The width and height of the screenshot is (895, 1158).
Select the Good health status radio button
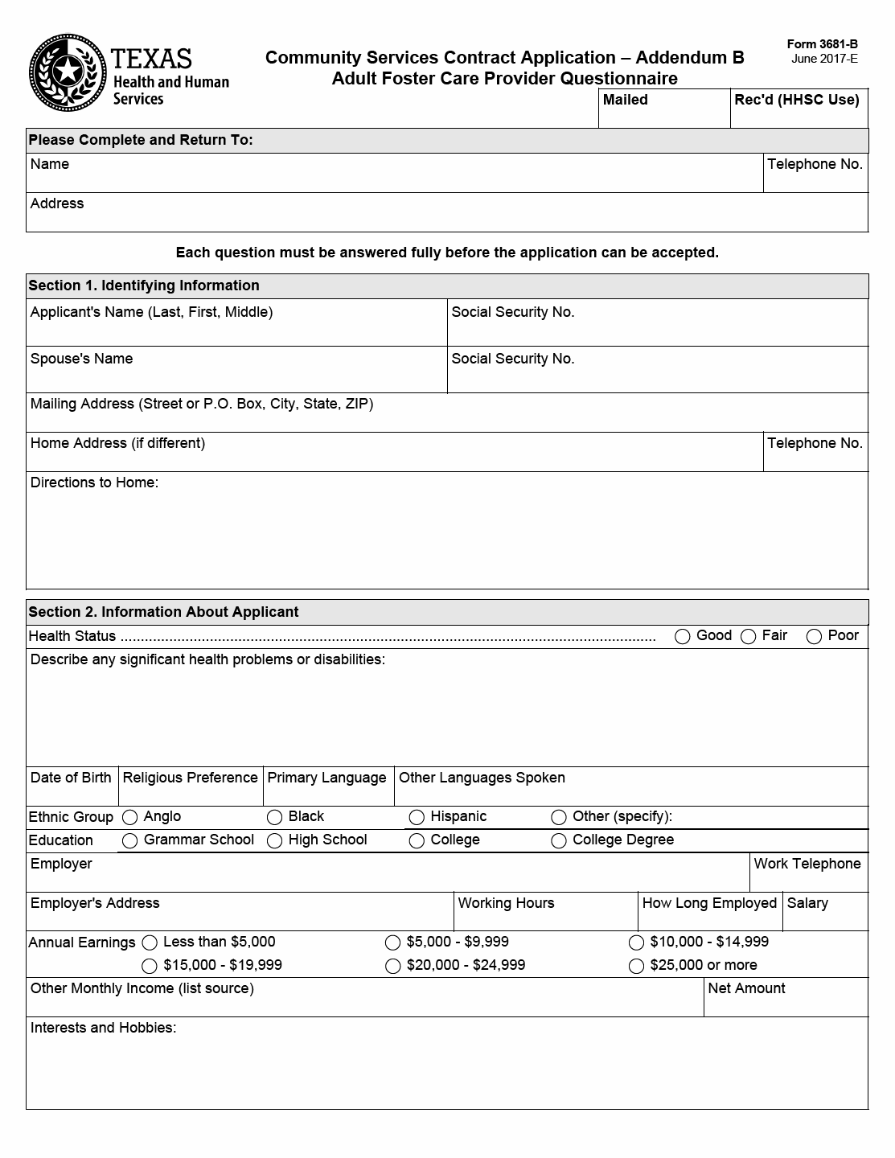683,637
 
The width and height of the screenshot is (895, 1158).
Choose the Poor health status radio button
814,637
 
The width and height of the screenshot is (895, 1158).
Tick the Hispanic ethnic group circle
417,818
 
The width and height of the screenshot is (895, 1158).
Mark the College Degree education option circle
559,841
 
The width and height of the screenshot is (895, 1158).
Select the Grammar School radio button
129,841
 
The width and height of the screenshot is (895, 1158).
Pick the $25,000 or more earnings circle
636,966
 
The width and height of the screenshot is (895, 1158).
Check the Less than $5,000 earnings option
150,942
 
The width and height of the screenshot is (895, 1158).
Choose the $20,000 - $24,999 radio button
392,966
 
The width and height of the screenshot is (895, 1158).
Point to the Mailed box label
625,100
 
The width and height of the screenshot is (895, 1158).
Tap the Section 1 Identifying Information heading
144,285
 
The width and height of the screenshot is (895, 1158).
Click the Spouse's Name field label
81,359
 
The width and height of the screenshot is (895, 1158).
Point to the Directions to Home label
94,482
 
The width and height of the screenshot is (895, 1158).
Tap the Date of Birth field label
71,778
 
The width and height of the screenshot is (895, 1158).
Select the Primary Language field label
326,778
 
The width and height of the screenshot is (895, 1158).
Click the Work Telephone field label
807,864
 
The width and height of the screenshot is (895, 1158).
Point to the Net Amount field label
746,988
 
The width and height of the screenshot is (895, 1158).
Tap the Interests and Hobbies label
103,1028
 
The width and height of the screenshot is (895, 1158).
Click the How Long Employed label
709,903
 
